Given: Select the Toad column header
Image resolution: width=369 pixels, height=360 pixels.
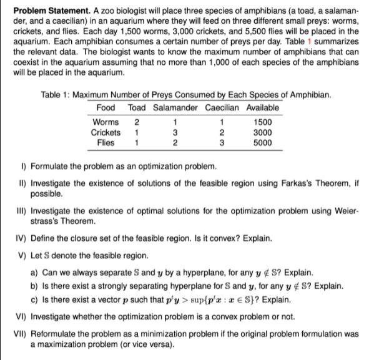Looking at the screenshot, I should (x=137, y=107).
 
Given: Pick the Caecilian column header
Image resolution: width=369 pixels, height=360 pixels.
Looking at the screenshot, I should (x=222, y=107).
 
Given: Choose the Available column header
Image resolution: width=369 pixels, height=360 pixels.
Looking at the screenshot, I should (x=263, y=107).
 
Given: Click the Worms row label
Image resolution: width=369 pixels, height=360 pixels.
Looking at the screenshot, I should (x=105, y=122).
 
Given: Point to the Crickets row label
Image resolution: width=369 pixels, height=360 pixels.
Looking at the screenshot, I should (x=106, y=132).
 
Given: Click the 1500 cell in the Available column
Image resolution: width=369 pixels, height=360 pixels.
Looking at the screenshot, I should (x=263, y=122).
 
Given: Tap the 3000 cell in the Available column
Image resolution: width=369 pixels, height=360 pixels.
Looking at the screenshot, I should (x=263, y=132).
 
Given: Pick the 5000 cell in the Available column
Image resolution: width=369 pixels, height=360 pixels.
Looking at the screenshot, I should (x=263, y=142).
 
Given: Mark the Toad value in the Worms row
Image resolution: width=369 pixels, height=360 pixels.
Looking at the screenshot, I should (x=137, y=122).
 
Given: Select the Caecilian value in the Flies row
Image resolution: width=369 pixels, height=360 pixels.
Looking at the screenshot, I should (x=222, y=142).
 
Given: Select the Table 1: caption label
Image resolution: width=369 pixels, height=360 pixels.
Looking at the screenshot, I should (x=55, y=95).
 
